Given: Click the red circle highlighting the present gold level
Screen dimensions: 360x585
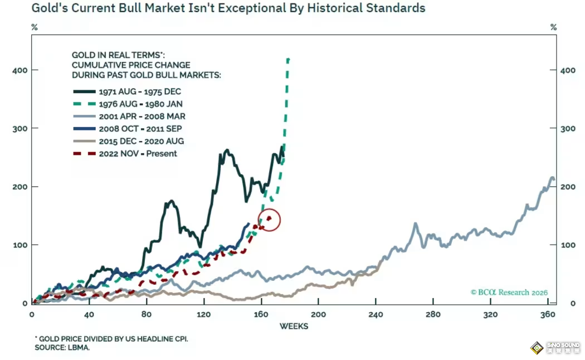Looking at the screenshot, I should click(x=269, y=220).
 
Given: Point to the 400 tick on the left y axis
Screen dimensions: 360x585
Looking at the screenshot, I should click(x=18, y=70).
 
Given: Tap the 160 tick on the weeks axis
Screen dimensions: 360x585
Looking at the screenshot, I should click(x=261, y=315).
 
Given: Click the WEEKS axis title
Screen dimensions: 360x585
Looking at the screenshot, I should click(x=294, y=326).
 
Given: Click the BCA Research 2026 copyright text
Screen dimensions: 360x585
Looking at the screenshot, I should click(x=509, y=293).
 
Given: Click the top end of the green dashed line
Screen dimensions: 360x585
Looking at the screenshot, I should click(x=288, y=59).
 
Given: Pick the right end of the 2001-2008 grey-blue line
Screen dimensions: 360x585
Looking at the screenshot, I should click(x=553, y=179).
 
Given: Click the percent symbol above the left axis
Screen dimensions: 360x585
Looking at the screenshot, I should click(x=34, y=27).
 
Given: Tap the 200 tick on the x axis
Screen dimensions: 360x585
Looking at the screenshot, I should click(x=318, y=315).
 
